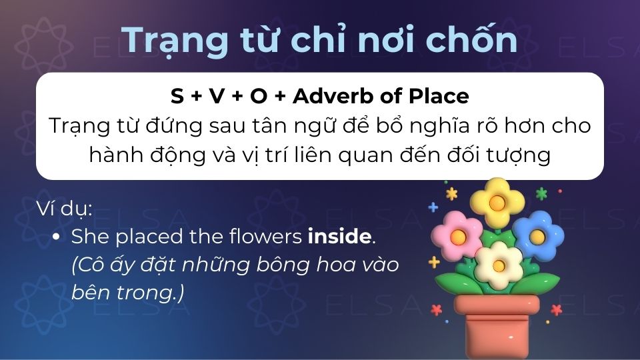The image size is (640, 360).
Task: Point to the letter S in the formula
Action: coord(177,97)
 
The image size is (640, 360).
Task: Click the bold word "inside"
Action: coord(339,236)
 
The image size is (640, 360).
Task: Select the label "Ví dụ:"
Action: coord(64,208)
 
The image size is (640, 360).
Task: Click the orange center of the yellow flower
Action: coord(496,201)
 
